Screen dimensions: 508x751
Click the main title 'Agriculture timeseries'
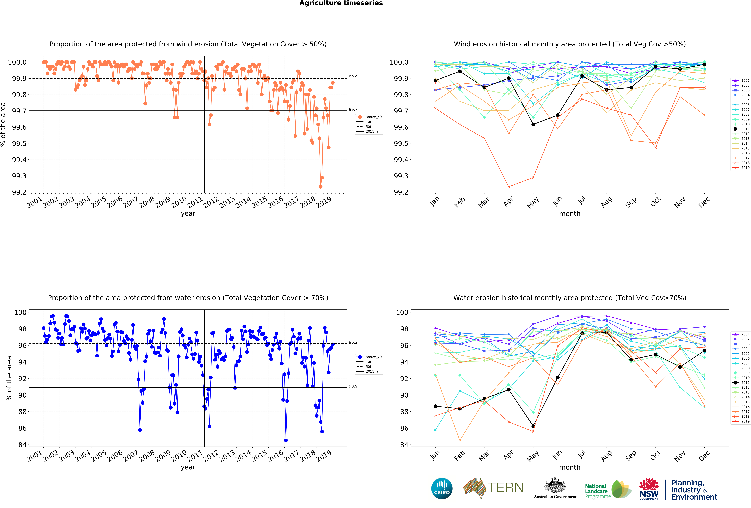[x=341, y=3]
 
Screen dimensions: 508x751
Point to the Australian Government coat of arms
[x=555, y=485]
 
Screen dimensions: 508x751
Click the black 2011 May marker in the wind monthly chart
[x=533, y=124]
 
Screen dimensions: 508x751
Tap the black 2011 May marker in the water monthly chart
[x=533, y=426]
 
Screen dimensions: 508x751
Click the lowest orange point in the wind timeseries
[x=321, y=187]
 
